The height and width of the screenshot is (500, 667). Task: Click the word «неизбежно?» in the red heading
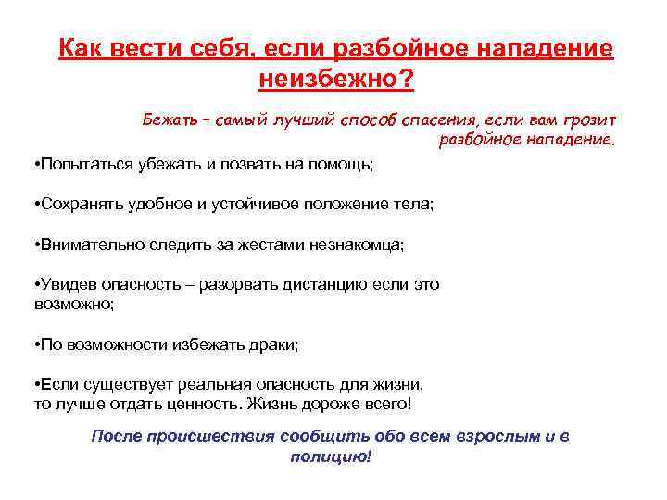point(336,81)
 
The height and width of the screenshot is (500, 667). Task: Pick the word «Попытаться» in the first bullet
point(81,163)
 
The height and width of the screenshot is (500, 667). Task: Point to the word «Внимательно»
point(83,244)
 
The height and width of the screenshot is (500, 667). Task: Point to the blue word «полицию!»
point(330,456)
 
